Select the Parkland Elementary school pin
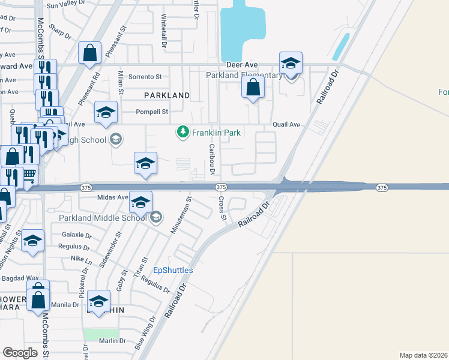291,64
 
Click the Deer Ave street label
242,64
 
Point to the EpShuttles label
173,270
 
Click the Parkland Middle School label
103,217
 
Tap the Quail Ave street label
286,124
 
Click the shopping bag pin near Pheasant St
89,53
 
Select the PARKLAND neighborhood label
167,95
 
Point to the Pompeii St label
152,112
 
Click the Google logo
20,353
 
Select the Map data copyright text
423,355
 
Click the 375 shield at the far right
382,188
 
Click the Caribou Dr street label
211,159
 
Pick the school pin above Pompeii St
106,113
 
